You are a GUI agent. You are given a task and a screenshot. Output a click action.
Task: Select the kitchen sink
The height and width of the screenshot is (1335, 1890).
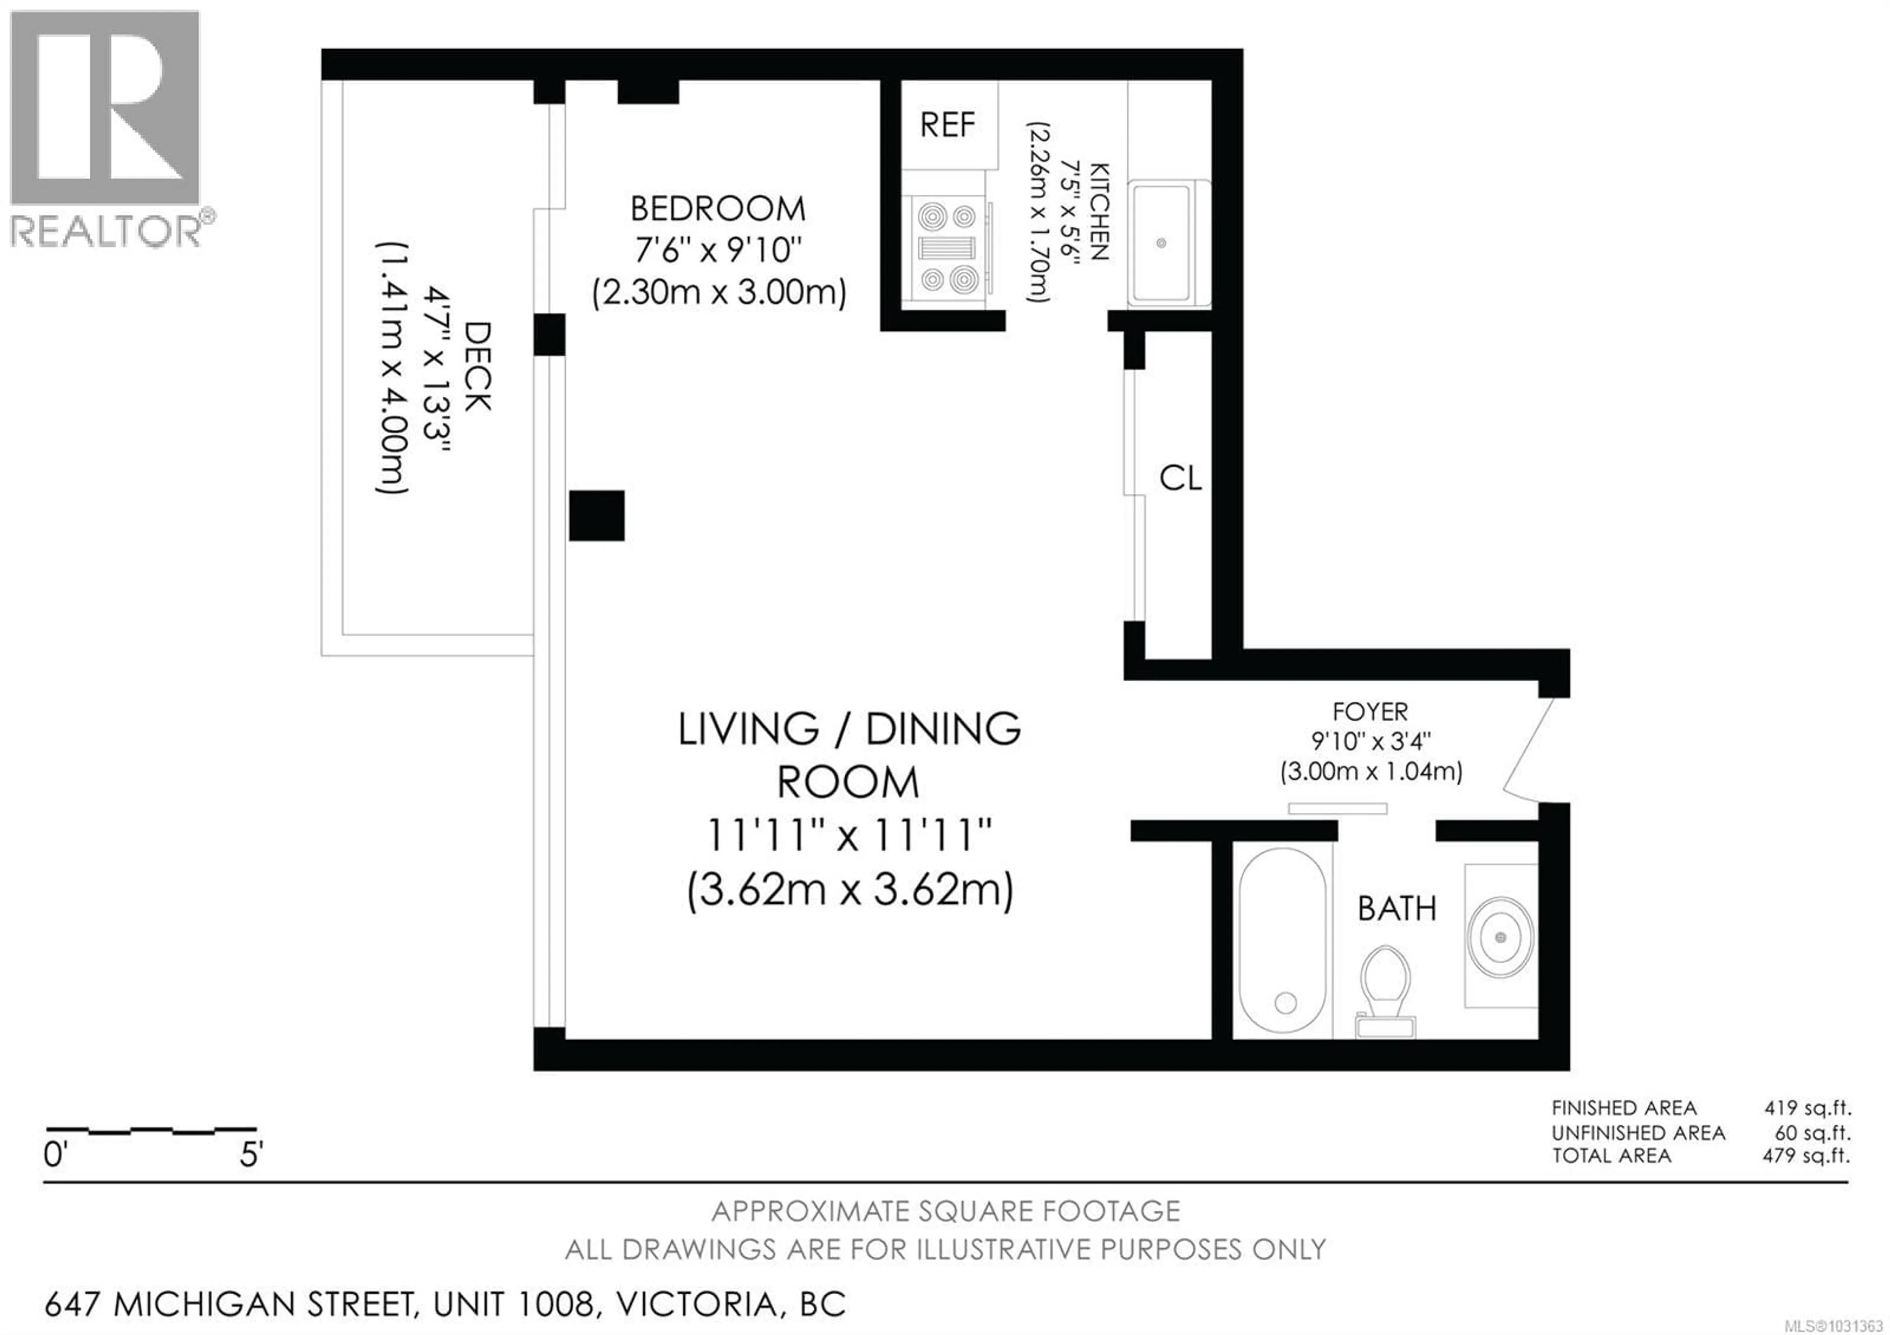(1161, 243)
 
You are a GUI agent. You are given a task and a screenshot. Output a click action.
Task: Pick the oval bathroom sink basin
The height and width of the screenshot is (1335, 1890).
(1500, 937)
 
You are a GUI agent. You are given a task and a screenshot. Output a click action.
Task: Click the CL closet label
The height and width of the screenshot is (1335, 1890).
(1180, 478)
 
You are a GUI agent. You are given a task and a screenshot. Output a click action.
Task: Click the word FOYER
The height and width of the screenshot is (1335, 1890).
(1370, 711)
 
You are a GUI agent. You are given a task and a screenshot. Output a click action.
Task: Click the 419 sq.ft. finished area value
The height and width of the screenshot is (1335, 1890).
(1807, 1108)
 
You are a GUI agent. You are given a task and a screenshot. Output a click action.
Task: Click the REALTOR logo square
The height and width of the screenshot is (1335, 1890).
(104, 107)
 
